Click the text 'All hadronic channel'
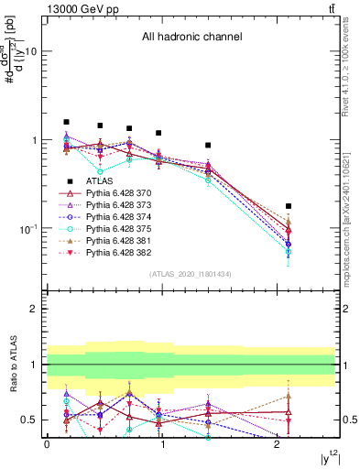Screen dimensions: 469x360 click(191, 38)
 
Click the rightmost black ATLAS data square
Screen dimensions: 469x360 click(289, 206)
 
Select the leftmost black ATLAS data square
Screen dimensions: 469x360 click(66, 122)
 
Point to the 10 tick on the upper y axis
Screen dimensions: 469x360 click(30, 51)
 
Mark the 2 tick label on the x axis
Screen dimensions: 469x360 click(278, 444)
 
